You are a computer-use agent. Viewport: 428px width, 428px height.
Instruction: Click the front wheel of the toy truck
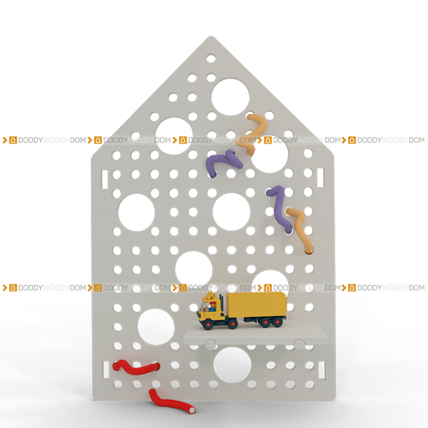coord(208,325)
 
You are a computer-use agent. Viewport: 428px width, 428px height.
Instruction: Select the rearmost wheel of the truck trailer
coord(278,322)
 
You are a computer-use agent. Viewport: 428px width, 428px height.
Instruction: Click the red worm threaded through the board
coord(136,367)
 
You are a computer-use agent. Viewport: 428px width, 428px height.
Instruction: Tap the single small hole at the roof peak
coord(211,59)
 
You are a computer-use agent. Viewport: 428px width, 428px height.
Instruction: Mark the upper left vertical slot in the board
coord(105,179)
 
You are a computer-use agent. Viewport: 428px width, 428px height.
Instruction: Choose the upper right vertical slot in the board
coord(321,177)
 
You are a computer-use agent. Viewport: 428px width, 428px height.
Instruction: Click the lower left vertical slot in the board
coord(106,370)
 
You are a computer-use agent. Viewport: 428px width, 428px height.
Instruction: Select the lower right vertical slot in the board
coord(322,370)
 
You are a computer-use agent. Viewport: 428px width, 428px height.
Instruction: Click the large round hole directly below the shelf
coord(232,365)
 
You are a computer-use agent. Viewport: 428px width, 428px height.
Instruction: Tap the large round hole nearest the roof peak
coord(230,97)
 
